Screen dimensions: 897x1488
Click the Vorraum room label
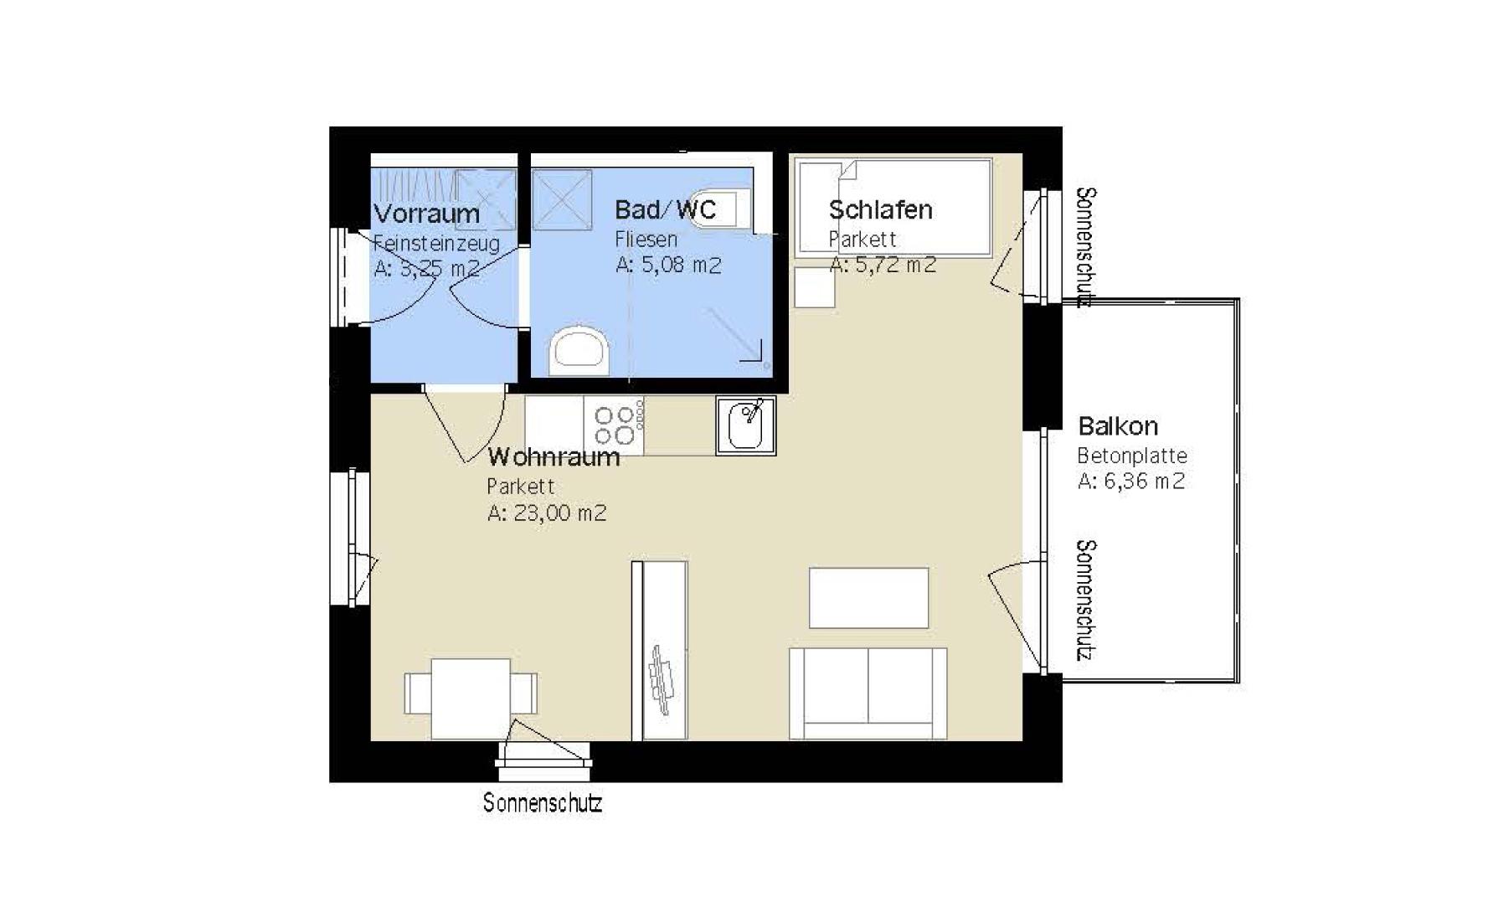coord(426,214)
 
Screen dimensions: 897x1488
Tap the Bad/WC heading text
coord(665,209)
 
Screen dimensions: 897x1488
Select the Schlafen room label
coord(880,209)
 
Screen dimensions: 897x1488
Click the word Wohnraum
coord(553,457)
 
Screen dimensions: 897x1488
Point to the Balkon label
coord(1117,426)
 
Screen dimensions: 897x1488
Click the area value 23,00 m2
coord(559,513)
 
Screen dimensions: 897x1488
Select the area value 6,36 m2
coord(1143,482)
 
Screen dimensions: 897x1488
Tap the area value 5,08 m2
coord(681,265)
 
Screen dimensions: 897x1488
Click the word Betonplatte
coord(1131,456)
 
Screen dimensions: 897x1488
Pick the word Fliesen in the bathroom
coord(646,240)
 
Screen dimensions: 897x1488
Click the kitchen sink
coord(746,425)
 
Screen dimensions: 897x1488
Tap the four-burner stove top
coord(615,425)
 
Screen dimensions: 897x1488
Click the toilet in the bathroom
coord(579,352)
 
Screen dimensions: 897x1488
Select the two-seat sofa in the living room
coord(868,693)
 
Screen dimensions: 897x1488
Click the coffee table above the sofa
coord(868,597)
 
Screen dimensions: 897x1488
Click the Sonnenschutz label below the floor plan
coord(542,803)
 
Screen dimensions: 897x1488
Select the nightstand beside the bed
coord(814,287)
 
